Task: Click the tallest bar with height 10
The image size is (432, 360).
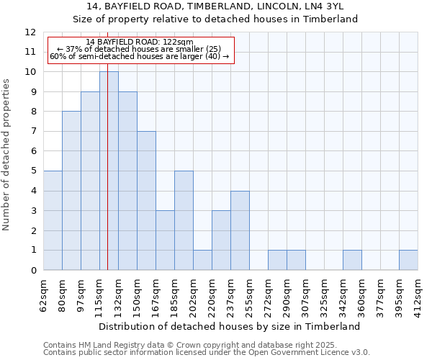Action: pos(109,171)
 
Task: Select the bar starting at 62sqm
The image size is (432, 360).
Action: pos(53,220)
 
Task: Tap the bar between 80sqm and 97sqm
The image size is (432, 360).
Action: pos(71,191)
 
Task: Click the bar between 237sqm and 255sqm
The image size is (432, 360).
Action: pos(240,230)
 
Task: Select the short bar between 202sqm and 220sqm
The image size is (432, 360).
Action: pos(202,260)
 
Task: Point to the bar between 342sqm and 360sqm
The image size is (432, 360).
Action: pos(352,260)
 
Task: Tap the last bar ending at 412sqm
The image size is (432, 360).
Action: pos(408,260)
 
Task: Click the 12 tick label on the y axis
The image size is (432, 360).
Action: pos(30,32)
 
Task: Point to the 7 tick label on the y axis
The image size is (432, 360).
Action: pos(33,132)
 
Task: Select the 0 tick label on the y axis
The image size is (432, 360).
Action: pos(33,271)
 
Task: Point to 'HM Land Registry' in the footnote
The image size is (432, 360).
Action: pos(107,345)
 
